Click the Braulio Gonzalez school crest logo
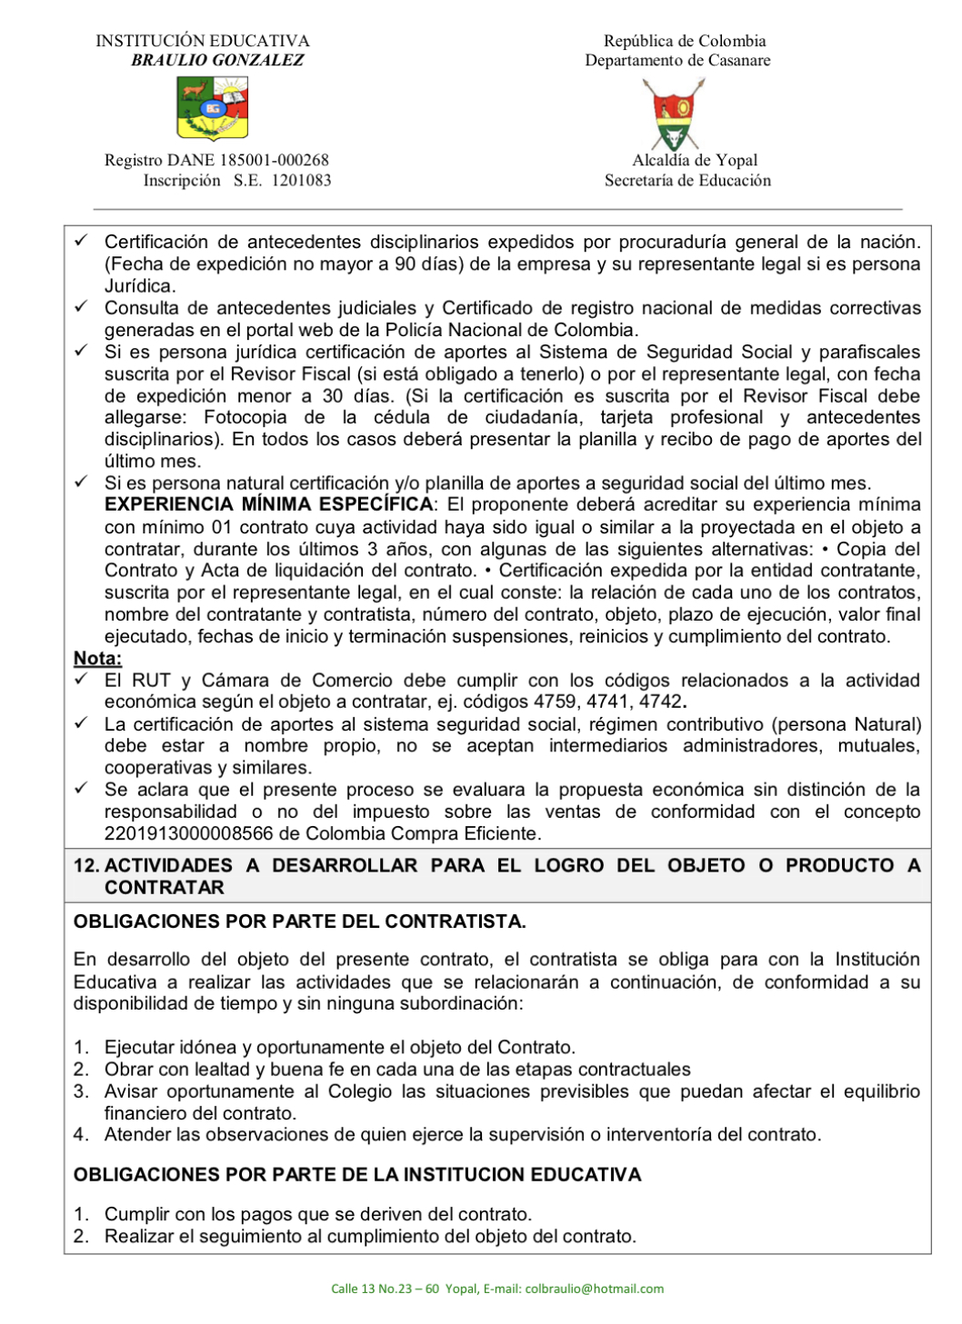[x=212, y=108]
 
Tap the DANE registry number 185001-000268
[x=274, y=160]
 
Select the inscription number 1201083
[x=301, y=180]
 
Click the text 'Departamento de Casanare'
[x=677, y=60]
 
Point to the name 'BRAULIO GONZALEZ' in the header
[x=217, y=60]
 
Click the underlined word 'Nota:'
[x=97, y=658]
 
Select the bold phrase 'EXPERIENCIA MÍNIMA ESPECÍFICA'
[x=268, y=504]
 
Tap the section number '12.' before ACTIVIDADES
[x=86, y=865]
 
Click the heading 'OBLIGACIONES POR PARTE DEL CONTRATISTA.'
[x=299, y=921]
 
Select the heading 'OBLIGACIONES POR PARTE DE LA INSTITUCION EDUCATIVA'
[x=357, y=1174]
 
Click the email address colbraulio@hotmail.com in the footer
[x=594, y=1289]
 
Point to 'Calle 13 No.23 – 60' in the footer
[x=385, y=1289]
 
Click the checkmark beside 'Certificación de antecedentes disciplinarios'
[x=81, y=241]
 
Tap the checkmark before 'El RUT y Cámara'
[x=81, y=680]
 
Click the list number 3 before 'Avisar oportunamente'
[x=81, y=1091]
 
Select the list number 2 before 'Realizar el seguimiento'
[x=81, y=1236]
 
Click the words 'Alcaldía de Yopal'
[x=695, y=160]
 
